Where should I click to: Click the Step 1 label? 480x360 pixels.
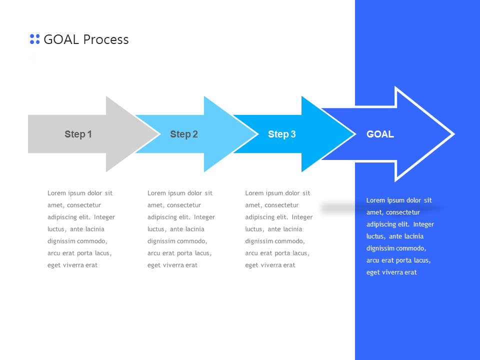pyautogui.click(x=78, y=134)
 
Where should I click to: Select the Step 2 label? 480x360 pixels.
pyautogui.click(x=183, y=134)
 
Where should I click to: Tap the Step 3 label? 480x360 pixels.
pyautogui.click(x=281, y=134)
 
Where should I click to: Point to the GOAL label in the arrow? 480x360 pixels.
pyautogui.click(x=380, y=134)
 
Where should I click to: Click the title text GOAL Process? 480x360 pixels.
pyautogui.click(x=86, y=39)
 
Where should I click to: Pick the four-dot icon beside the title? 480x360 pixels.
pyautogui.click(x=34, y=39)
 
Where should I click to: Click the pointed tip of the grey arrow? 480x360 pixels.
pyautogui.click(x=157, y=134)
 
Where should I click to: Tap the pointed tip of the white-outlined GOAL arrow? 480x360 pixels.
pyautogui.click(x=452, y=134)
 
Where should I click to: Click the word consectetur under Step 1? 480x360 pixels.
pyautogui.click(x=84, y=205)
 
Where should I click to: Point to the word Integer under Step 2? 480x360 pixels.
pyautogui.click(x=204, y=217)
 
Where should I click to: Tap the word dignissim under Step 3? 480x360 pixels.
pyautogui.click(x=259, y=241)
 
